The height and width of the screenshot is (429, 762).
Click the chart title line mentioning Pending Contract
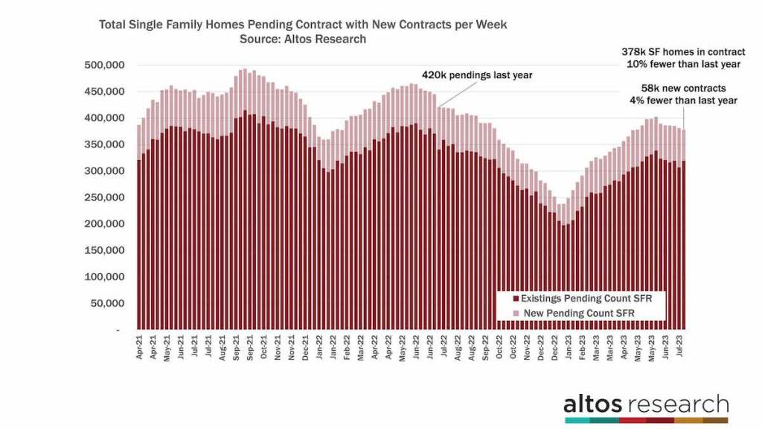tap(303, 25)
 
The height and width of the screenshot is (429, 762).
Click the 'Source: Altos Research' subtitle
tap(303, 39)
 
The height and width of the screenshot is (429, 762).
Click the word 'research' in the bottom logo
tap(678, 404)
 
